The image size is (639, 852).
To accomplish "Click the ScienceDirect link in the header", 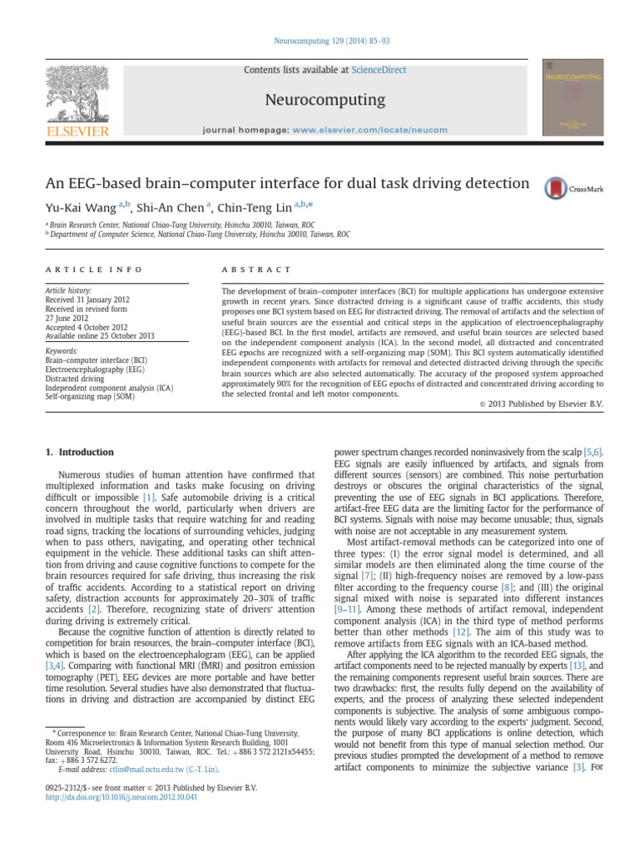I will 379,70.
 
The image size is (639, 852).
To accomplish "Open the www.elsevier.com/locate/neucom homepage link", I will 371,130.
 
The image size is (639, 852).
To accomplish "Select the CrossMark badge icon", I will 573,189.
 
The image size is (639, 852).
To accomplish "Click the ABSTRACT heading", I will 257,270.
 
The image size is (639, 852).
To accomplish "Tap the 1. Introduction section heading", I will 78,452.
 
